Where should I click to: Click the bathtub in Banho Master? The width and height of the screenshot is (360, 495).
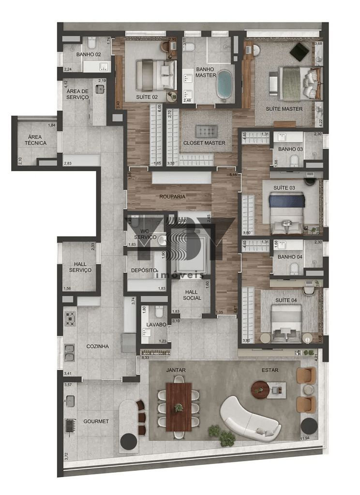(224, 85)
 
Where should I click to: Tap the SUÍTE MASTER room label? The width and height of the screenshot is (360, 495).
(285, 109)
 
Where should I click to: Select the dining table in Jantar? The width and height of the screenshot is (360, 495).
(179, 407)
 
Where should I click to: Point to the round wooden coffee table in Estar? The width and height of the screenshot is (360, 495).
(260, 389)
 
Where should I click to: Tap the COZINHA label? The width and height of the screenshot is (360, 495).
(97, 347)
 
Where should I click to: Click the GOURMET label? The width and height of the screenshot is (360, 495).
(96, 421)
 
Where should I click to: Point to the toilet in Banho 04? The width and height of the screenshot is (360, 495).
(294, 269)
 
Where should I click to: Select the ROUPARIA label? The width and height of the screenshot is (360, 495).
(173, 197)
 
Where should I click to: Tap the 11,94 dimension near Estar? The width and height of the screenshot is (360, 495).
(304, 438)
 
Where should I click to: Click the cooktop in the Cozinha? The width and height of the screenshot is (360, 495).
(70, 318)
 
